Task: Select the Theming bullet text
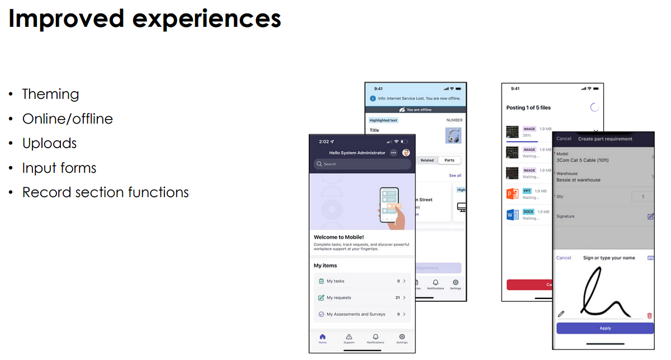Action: pos(50,94)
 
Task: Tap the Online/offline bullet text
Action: pos(67,119)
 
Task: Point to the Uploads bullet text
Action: pos(49,143)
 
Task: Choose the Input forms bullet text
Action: pos(59,168)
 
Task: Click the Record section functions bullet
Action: pos(105,192)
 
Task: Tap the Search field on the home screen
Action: pos(362,164)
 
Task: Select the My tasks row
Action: pos(362,281)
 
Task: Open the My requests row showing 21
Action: pos(362,298)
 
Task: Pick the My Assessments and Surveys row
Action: pos(362,314)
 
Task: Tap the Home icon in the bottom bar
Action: pos(323,337)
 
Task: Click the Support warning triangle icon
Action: pos(349,337)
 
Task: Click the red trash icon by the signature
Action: pos(649,315)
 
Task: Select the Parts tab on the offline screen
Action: pos(450,160)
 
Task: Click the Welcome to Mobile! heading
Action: pos(339,237)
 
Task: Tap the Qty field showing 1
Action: pos(642,197)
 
